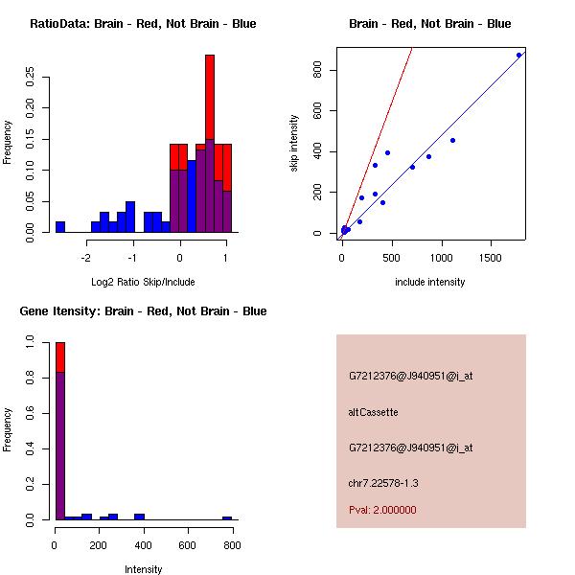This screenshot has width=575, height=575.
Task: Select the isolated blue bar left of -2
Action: click(60, 227)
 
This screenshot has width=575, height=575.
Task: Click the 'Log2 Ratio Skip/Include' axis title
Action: click(143, 282)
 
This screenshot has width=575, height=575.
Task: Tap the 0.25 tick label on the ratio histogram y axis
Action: click(32, 78)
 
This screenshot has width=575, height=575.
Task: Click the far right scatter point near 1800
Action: click(518, 55)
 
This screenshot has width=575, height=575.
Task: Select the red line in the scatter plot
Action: click(383, 115)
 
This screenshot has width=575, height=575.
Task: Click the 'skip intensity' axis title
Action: click(294, 144)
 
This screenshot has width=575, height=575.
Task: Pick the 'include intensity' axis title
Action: click(430, 282)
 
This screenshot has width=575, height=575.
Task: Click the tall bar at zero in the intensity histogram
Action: click(60, 431)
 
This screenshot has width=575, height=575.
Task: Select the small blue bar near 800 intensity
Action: click(227, 517)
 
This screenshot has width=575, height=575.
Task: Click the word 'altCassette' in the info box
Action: click(373, 412)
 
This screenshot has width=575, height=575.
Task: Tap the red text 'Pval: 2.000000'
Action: click(382, 510)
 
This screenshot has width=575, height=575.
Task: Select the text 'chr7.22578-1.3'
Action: click(383, 483)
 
